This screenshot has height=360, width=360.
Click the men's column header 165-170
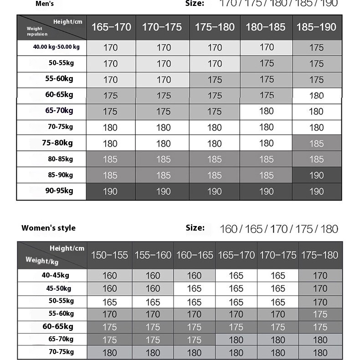[111, 27]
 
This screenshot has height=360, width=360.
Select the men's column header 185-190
[316, 27]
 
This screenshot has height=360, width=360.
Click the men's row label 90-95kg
[59, 191]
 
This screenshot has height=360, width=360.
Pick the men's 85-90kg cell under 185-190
[316, 175]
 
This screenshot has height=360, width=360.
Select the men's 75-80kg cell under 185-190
[316, 144]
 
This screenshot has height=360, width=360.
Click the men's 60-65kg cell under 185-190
[316, 96]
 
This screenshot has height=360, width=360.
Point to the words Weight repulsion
[37, 31]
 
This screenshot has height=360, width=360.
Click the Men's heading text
[45, 4]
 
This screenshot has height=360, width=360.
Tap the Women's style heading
[48, 228]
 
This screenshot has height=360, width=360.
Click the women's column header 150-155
[109, 255]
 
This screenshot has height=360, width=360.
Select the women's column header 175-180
[320, 255]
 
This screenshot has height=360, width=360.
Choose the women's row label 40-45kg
[55, 275]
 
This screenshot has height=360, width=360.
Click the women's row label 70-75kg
[61, 352]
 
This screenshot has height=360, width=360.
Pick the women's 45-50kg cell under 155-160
[153, 288]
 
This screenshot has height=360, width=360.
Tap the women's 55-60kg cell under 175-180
[320, 314]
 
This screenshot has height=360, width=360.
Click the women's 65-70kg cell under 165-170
[236, 339]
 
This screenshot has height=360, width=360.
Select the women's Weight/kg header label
[42, 261]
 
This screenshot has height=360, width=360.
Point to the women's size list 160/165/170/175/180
[278, 229]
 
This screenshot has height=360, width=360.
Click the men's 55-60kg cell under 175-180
[215, 80]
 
